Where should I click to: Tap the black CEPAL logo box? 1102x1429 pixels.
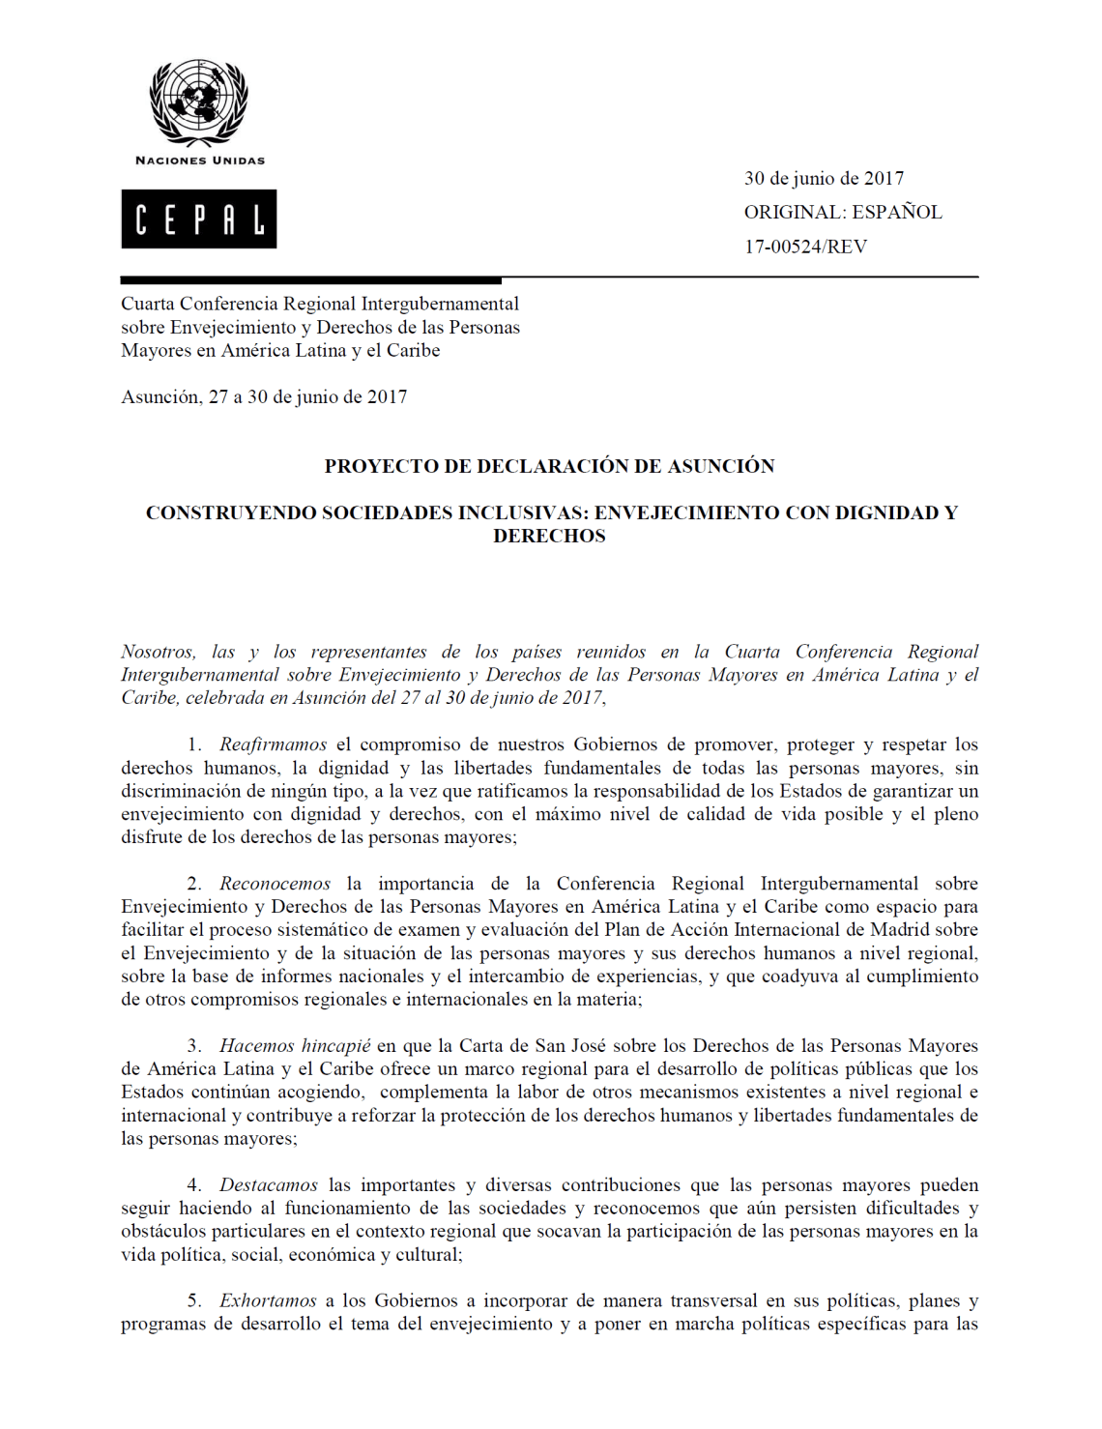[x=198, y=219]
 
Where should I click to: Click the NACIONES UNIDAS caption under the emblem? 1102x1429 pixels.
[x=199, y=160]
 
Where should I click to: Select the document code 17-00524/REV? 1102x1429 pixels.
[x=805, y=247]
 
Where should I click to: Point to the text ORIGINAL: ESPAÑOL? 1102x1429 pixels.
[x=842, y=212]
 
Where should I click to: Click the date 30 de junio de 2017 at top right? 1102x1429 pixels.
[x=824, y=178]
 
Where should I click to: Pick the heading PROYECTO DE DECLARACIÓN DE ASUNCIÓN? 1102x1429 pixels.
[x=549, y=466]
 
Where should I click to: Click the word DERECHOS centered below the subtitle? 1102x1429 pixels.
[x=549, y=536]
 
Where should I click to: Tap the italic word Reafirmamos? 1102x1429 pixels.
[x=273, y=744]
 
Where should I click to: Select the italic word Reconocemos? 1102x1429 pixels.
[x=275, y=884]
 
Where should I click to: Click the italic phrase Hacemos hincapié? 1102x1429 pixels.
[x=295, y=1046]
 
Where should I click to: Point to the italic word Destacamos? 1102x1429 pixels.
[x=268, y=1185]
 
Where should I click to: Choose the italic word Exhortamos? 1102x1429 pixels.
[x=268, y=1301]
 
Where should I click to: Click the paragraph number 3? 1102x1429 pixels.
[x=194, y=1046]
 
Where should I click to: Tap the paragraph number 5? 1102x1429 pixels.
[x=194, y=1301]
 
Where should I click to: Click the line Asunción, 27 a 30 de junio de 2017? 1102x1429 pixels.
[x=264, y=396]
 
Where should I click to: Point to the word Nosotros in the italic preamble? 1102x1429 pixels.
[x=158, y=652]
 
